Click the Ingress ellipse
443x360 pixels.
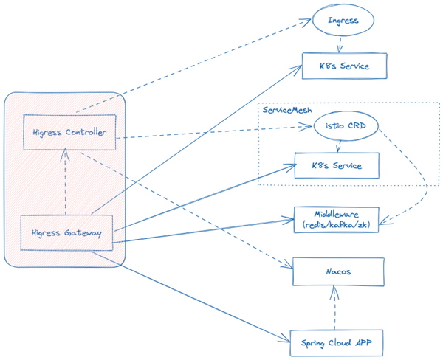coord(340,21)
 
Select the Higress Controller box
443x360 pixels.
coord(69,133)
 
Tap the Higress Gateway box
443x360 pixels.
coord(66,232)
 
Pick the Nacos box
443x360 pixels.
coord(339,272)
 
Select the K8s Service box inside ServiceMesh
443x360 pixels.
coord(337,165)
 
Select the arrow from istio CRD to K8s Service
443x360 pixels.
coord(338,146)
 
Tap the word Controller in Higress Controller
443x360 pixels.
coord(87,133)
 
